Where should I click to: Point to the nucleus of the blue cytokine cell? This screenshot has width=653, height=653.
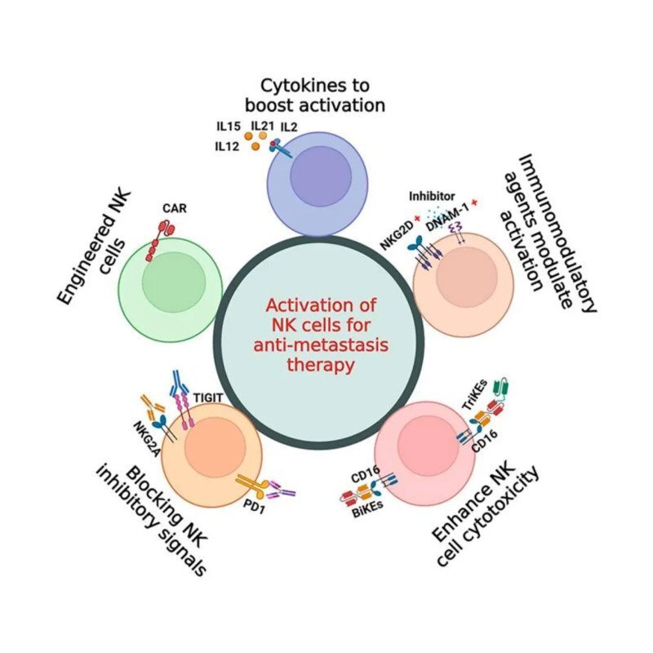pyautogui.click(x=321, y=174)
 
